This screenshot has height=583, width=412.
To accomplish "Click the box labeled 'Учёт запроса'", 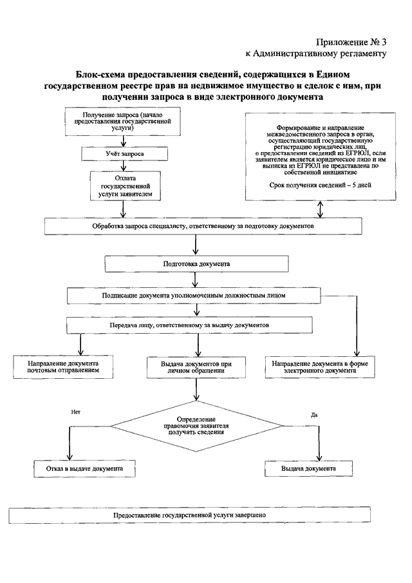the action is coord(124,153).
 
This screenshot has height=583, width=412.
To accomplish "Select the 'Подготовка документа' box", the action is coord(196,264).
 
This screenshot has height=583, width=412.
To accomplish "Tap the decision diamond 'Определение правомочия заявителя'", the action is coord(196,426).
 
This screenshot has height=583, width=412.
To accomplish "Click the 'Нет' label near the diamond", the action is coord(76,412).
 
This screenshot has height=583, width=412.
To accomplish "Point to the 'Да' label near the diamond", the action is coord(314,415).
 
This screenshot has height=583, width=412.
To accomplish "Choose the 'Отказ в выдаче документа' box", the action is coord(85,468).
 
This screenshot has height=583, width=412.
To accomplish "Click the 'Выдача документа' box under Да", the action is coord(308,468).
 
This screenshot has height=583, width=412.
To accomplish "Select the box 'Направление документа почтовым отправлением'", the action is coord(63,367).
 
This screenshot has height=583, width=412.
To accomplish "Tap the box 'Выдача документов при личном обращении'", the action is coord(196,367).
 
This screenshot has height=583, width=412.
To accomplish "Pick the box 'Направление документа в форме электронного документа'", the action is coord(320,367).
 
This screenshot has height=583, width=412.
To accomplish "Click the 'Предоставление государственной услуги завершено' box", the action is coord(189,515).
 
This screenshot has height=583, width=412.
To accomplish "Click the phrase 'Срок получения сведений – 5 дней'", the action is coord(320,185).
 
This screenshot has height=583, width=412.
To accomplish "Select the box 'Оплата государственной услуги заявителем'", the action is coord(125,186).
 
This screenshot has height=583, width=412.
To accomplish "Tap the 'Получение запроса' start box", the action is coord(123,122).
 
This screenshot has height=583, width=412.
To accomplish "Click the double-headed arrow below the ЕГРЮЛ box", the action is coord(320,209).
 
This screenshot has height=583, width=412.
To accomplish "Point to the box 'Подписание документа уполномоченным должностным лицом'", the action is coord(194,296).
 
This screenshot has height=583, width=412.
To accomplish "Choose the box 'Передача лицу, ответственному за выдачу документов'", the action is coord(189,325).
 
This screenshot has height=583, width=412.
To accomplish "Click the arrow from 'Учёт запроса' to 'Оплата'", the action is coord(124,166).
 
